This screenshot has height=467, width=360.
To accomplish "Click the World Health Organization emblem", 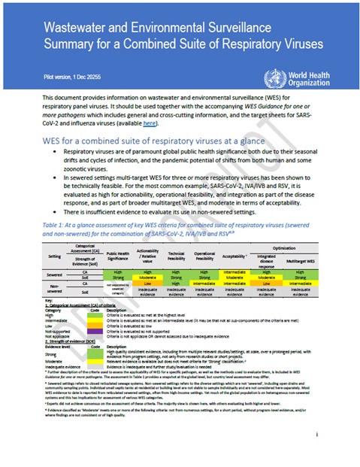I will (x=272, y=77).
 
